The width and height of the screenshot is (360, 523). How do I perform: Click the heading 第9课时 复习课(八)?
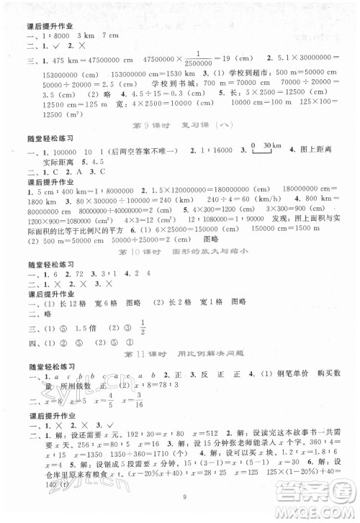(x=179, y=129)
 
